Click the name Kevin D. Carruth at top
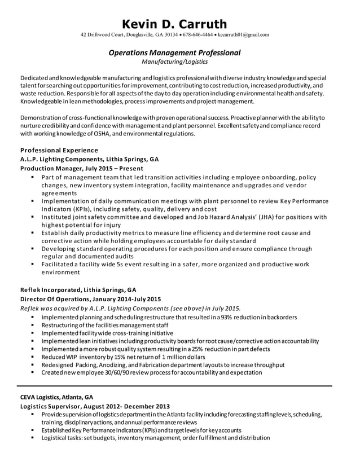(x=175, y=24)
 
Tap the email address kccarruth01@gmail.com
(x=243, y=35)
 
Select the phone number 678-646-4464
(x=197, y=35)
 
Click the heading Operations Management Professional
(x=174, y=53)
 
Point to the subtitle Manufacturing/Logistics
(x=174, y=61)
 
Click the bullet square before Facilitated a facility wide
(x=33, y=263)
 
